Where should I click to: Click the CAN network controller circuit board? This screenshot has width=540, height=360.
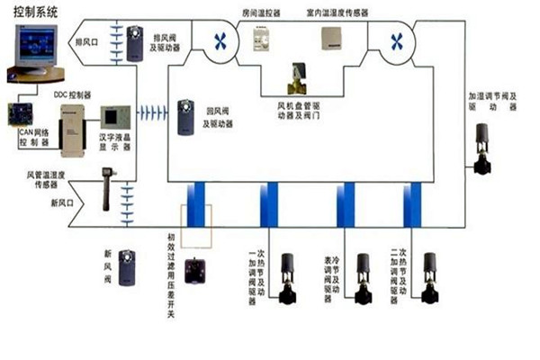pyautogui.click(x=20, y=114)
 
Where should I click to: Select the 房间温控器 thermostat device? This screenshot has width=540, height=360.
pyautogui.click(x=262, y=38)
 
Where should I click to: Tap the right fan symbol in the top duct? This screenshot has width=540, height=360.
pyautogui.click(x=394, y=42)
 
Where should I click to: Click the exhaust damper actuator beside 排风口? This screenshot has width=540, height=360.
pyautogui.click(x=135, y=42)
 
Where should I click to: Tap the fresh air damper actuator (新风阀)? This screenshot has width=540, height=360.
pyautogui.click(x=128, y=267)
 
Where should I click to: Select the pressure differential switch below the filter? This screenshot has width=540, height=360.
pyautogui.click(x=194, y=270)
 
